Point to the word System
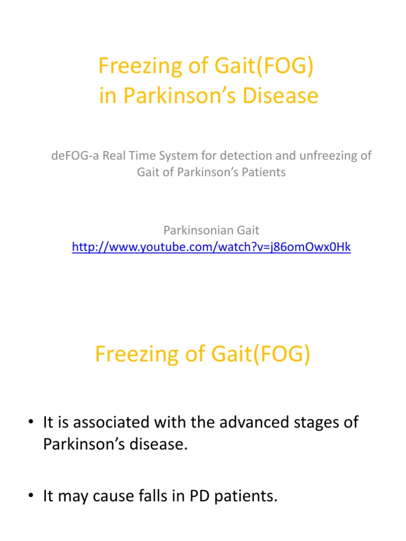coord(174,156)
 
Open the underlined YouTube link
coord(211,247)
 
